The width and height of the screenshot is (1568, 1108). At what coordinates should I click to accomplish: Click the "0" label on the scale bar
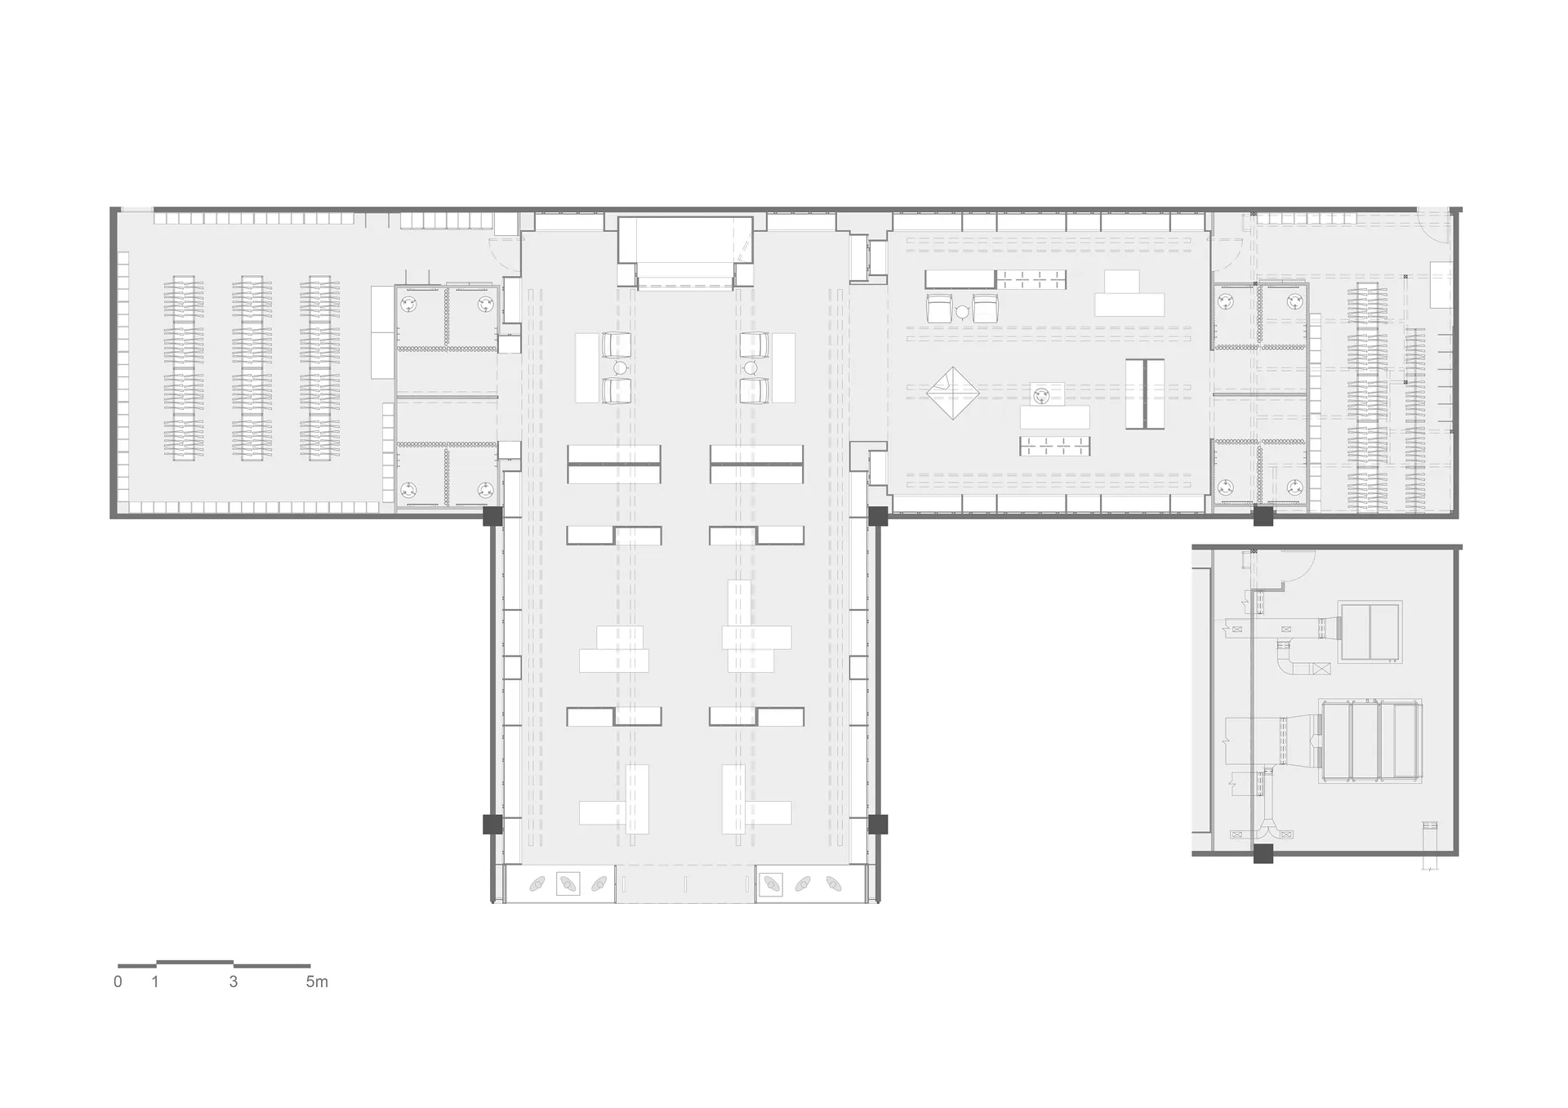point(118,981)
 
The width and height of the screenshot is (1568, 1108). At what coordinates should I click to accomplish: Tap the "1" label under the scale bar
point(155,981)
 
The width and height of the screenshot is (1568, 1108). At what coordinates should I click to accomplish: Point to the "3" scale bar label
point(234,981)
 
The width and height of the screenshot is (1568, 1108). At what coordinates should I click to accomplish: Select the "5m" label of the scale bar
point(317,981)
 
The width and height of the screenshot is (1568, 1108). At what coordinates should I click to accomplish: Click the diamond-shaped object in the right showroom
point(953,394)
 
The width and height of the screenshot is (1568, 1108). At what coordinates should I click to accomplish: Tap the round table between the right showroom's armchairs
point(962,311)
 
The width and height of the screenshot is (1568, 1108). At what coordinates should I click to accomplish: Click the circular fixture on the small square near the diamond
point(1040,396)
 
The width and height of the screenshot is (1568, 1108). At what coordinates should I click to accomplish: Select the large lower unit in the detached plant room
point(1370,741)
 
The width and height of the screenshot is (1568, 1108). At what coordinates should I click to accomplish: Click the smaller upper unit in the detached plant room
point(1370,631)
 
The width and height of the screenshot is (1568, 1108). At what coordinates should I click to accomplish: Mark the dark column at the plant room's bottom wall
point(1263,854)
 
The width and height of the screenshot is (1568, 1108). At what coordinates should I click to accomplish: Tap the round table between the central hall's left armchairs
point(620,368)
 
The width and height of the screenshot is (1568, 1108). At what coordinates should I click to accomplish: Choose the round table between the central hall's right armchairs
point(751,368)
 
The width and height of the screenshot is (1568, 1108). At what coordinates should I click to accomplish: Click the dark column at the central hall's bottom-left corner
point(492,824)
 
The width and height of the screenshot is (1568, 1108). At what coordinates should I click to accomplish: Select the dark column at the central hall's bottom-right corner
point(878,824)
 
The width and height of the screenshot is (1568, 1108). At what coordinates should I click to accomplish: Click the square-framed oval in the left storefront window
point(568,883)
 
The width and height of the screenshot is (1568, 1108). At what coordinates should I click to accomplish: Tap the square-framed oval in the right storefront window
point(771,883)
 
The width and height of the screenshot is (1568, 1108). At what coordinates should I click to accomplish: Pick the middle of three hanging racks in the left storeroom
point(252,368)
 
